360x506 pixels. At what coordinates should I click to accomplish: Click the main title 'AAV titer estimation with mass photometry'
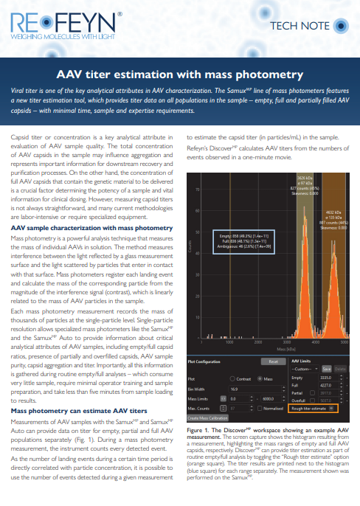(x=179, y=75)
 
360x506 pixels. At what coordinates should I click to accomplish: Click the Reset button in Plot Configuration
(x=272, y=361)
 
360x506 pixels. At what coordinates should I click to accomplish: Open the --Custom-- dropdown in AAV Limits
(x=305, y=368)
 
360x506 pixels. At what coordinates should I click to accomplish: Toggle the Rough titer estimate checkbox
(x=332, y=407)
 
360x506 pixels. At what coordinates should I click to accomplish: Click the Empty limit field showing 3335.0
(x=325, y=377)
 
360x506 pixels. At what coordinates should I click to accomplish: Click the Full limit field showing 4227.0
(x=325, y=384)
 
